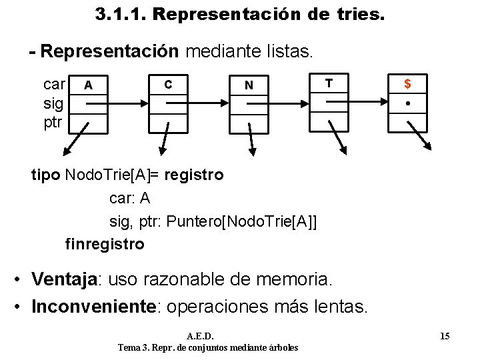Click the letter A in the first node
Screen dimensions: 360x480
pos(88,85)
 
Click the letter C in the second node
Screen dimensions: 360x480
pos(168,84)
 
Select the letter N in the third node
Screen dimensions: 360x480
pos(249,85)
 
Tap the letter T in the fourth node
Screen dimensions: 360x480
pos(328,83)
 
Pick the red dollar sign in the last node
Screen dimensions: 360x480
pos(407,84)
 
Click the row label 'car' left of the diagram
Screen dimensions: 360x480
pos(54,84)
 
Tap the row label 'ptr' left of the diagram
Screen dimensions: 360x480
pos(53,123)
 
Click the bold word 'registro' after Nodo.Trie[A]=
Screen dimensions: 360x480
pos(193,175)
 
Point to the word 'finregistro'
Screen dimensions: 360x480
pos(105,244)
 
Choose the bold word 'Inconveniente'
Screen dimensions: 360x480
pos(93,307)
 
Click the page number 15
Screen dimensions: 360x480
pos(445,336)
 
